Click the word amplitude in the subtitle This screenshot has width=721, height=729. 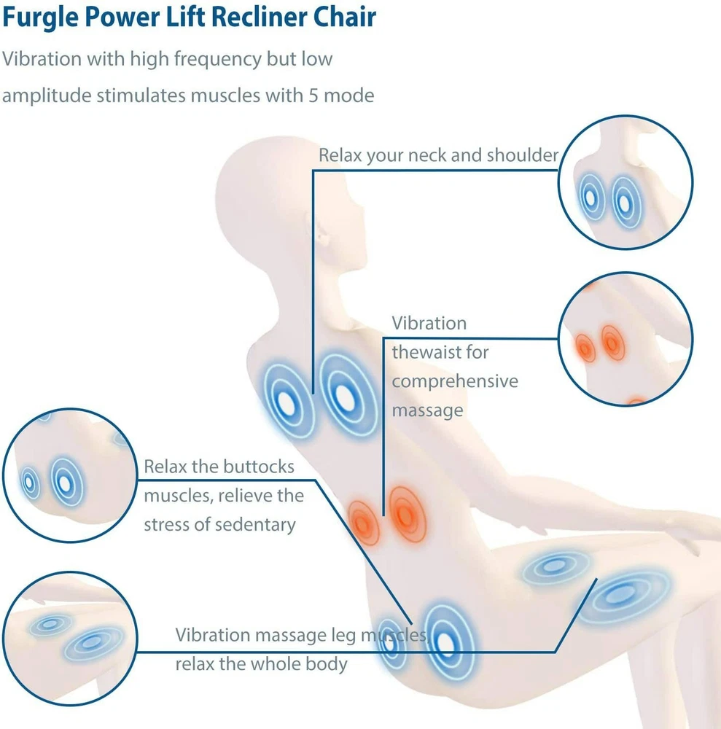pyautogui.click(x=45, y=95)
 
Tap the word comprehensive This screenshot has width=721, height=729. pyautogui.click(x=455, y=381)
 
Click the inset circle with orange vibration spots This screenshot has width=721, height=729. pyautogui.click(x=624, y=339)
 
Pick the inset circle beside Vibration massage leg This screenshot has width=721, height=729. pyautogui.click(x=69, y=639)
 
